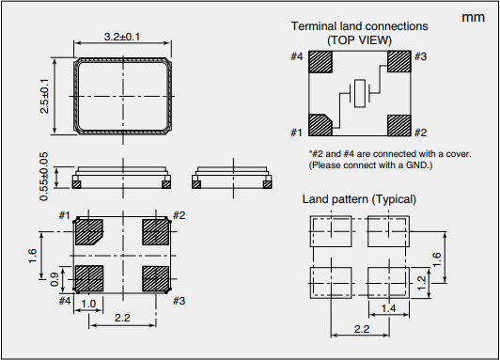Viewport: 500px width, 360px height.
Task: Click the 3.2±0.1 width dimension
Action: tap(122, 37)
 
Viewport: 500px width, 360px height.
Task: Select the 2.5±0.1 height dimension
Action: tap(45, 96)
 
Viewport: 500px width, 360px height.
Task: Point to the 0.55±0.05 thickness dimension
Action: tap(44, 177)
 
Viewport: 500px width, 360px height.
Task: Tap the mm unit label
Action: tap(474, 17)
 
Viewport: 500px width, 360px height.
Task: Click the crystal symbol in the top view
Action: tap(360, 93)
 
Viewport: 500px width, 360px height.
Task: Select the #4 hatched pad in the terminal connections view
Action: tap(320, 62)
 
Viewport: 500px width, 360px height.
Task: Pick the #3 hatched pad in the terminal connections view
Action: tap(398, 61)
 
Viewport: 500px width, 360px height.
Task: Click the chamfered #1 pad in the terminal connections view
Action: tap(320, 125)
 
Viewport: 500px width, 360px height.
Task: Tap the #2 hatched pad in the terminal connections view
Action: tap(398, 125)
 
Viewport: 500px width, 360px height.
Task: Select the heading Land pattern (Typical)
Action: tap(359, 199)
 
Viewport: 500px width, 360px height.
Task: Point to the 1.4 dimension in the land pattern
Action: tap(389, 308)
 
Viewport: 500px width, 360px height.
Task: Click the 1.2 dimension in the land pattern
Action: tap(421, 283)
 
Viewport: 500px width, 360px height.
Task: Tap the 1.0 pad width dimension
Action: tap(88, 304)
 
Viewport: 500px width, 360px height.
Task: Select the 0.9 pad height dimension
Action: tap(54, 279)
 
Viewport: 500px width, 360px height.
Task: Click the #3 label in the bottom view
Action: tap(179, 301)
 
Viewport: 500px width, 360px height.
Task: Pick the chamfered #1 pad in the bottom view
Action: tap(89, 232)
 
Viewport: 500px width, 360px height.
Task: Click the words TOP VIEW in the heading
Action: tap(359, 40)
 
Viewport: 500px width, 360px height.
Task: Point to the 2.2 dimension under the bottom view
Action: tap(122, 318)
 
